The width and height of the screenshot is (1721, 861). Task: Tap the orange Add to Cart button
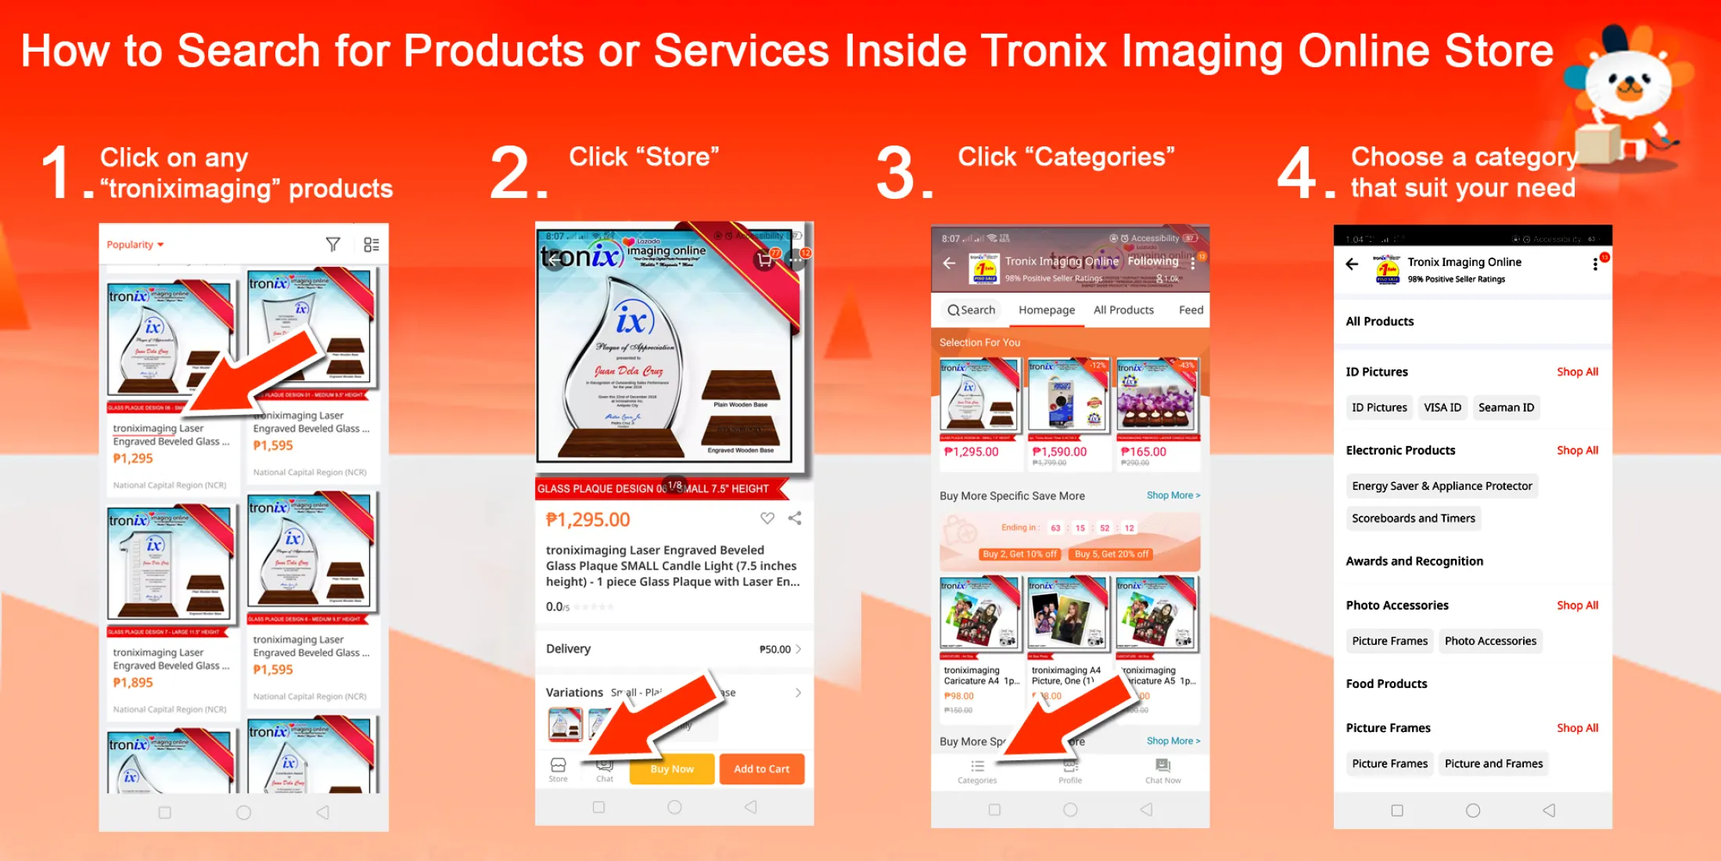(761, 769)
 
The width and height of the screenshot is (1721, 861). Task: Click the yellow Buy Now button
(672, 769)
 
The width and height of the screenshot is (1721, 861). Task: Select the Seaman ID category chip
(1506, 407)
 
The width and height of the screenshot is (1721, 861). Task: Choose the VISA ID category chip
(1442, 407)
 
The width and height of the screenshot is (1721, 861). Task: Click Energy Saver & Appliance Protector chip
(1441, 486)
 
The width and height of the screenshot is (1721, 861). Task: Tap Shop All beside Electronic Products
(1577, 450)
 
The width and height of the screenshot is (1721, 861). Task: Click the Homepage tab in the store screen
(1046, 310)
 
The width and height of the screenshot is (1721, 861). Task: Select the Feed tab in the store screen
(1191, 310)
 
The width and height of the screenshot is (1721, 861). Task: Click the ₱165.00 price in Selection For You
(1143, 452)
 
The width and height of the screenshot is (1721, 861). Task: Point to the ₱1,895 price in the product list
(133, 683)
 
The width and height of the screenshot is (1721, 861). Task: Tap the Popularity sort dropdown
(135, 245)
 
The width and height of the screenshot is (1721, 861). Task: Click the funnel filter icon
(332, 245)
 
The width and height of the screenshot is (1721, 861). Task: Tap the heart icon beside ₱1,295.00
(767, 518)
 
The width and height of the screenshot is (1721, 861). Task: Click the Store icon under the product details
(558, 769)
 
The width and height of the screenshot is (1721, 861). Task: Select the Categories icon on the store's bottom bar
(977, 770)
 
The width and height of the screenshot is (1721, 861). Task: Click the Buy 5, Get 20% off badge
(1111, 554)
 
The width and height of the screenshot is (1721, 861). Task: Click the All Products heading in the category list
(1379, 321)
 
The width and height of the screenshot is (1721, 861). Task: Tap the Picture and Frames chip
(1493, 763)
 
